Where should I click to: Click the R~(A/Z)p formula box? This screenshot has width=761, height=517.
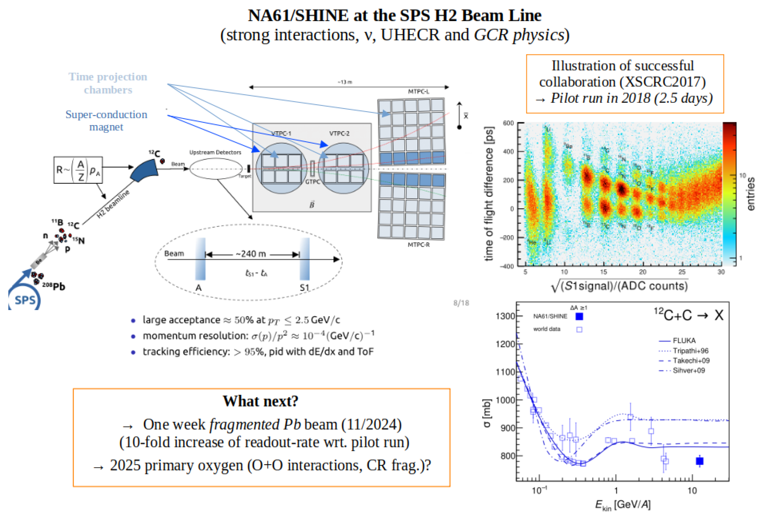click(78, 170)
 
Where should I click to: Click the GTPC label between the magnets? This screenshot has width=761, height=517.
click(312, 181)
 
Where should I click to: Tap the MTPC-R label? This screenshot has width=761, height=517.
click(419, 244)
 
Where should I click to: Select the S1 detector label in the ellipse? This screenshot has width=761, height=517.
click(304, 288)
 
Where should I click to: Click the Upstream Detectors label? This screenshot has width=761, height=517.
click(215, 152)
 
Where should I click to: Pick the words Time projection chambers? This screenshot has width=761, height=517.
click(108, 83)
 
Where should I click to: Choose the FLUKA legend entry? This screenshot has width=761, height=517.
click(684, 340)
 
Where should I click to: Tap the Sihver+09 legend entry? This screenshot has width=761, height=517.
click(689, 370)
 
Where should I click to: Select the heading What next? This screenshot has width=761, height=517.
click(261, 401)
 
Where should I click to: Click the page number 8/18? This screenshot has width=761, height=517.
click(461, 303)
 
